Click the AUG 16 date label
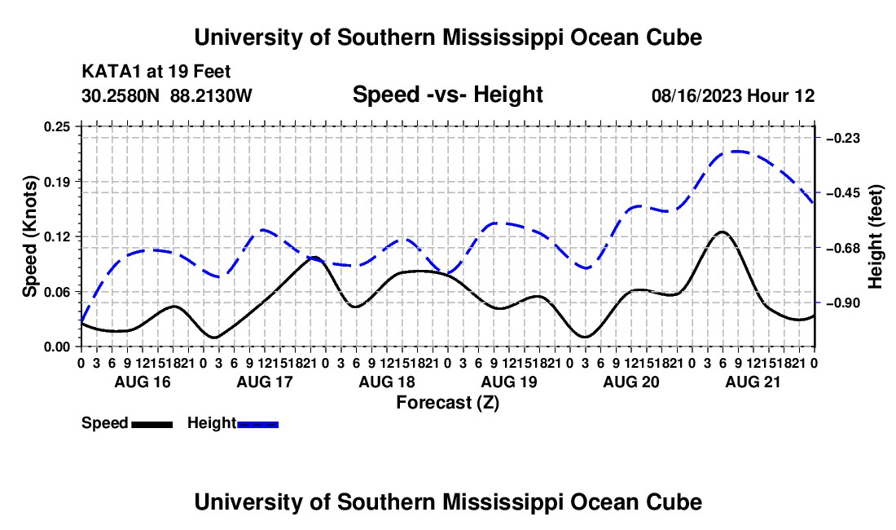tap(143, 382)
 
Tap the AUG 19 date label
tap(509, 382)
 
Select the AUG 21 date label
tap(753, 382)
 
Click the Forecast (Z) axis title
tap(447, 403)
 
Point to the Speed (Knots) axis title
tap(29, 236)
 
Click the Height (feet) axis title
tap(875, 236)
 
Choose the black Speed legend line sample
tap(152, 425)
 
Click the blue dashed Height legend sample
tap(257, 425)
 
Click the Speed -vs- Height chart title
tap(447, 95)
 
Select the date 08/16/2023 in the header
tap(695, 95)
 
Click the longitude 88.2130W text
tap(211, 95)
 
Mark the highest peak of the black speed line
tap(723, 232)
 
